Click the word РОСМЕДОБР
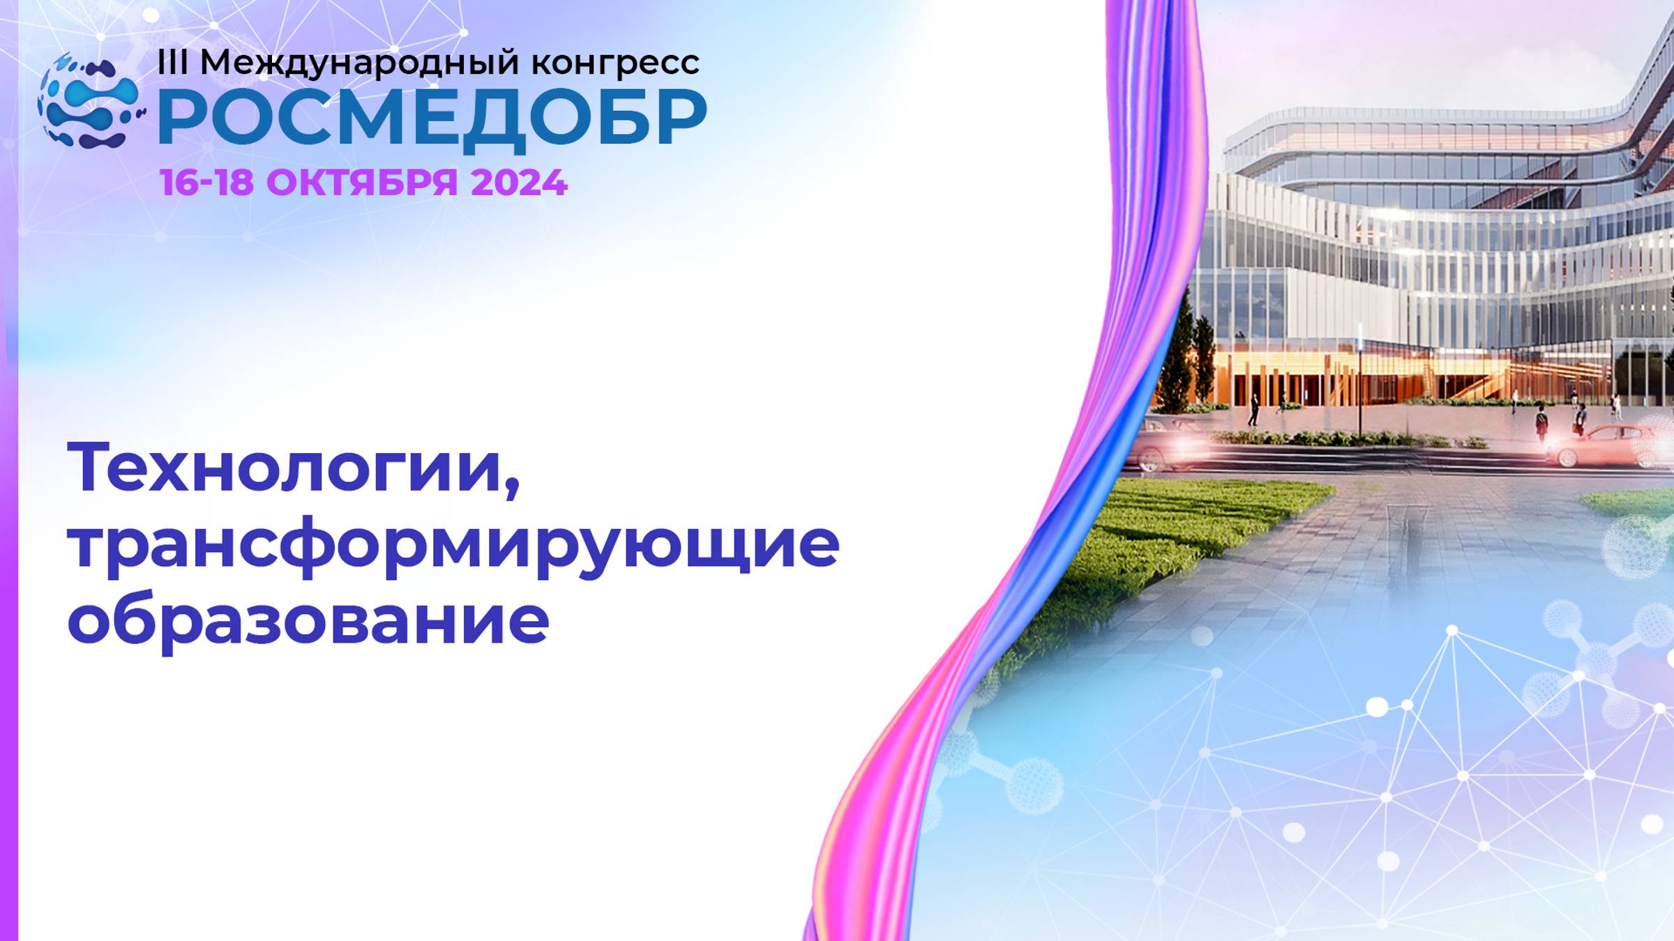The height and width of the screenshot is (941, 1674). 432,118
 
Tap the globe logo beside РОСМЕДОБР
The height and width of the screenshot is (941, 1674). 91,102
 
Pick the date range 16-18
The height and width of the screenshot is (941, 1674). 206,183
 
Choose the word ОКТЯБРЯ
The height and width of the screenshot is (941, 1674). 362,183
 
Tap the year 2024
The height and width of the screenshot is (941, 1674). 519,183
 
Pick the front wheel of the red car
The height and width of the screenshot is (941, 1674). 1566,457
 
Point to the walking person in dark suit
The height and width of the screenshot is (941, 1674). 1253,410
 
